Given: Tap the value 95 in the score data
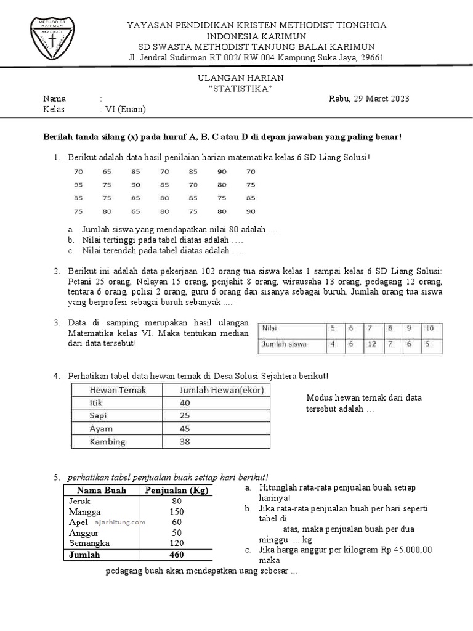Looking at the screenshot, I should [x=78, y=185].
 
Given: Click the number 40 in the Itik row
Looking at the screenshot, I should [x=185, y=403].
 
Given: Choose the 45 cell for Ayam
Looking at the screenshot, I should [x=185, y=429].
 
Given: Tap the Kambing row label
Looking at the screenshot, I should [x=108, y=442].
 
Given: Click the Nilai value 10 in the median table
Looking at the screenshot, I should [x=430, y=328].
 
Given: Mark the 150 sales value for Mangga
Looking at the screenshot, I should [x=177, y=512].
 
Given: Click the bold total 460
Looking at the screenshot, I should [x=177, y=555].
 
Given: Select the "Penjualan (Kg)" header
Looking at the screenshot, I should [x=177, y=491].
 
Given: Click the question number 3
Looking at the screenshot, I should [x=56, y=323].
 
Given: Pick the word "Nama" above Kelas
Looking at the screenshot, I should [x=54, y=99].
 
